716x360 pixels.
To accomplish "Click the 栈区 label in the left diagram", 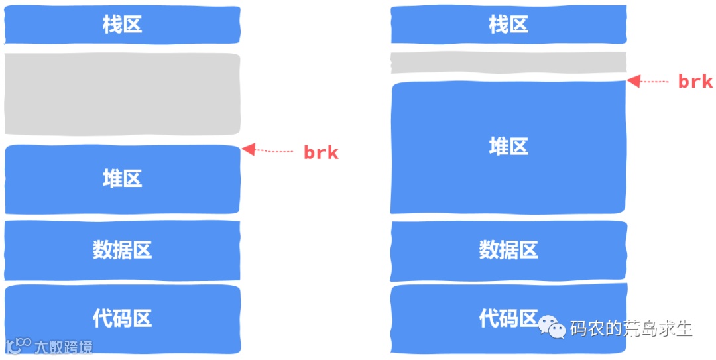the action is point(122,25).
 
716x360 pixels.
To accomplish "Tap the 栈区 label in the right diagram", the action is point(508,25).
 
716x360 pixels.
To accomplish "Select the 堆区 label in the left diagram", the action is point(122,178).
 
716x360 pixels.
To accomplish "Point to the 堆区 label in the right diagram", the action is point(508,147).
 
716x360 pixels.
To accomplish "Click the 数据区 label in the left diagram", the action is point(122,250).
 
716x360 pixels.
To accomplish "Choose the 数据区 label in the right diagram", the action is point(508,250).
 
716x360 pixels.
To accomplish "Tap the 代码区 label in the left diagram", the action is point(122,318).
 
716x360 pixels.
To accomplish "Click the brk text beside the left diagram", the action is point(321,152).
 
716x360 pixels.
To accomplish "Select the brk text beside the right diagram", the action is point(695,82).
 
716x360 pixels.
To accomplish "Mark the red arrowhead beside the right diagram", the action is point(634,81).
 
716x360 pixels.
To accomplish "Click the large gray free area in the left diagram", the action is point(122,94).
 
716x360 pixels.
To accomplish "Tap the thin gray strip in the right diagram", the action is point(508,62).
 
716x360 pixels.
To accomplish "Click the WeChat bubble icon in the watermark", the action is point(552,326).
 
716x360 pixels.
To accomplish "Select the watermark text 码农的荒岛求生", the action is point(631,328).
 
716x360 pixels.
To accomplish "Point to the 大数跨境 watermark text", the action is point(64,347).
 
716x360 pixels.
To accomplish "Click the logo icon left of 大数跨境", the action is point(19,345).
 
